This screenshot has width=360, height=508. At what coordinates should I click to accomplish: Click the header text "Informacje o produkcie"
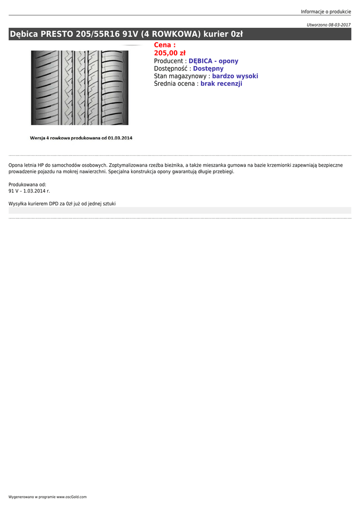point(326,11)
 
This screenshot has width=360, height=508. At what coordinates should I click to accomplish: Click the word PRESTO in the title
point(57,34)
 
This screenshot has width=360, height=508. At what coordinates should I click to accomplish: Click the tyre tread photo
point(79,87)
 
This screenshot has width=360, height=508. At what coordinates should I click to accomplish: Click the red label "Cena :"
point(164,45)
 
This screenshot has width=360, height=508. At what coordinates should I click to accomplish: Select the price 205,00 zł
point(169,53)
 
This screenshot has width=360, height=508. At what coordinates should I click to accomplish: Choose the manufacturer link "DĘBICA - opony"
point(214,61)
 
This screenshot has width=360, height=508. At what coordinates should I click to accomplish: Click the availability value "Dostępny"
point(208,68)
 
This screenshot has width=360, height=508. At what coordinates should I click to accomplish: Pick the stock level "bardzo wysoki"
point(235,76)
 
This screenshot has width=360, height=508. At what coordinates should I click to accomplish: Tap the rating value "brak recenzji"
point(221,84)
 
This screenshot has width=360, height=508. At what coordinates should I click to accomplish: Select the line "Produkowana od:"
point(27,185)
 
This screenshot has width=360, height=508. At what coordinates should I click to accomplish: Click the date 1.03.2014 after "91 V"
point(35,191)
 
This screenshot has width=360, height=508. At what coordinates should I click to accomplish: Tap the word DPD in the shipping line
point(54,203)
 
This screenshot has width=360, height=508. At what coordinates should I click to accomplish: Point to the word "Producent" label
point(168,61)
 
